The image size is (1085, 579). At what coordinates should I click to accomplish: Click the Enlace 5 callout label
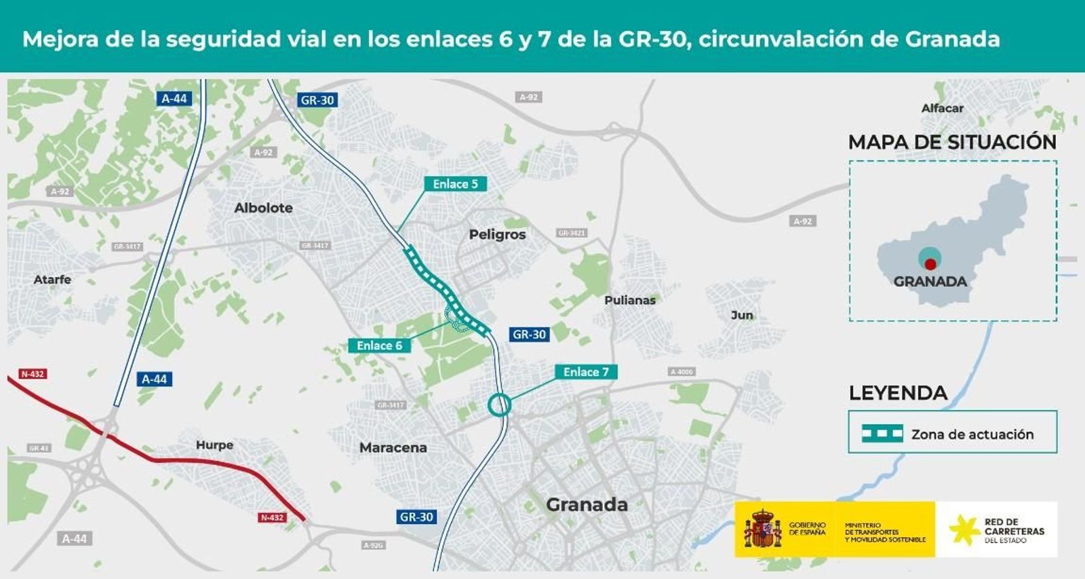point(455,184)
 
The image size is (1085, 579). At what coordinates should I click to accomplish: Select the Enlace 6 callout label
point(379,345)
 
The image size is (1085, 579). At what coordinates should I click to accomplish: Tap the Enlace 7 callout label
point(586,372)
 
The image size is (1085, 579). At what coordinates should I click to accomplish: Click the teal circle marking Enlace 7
point(499,405)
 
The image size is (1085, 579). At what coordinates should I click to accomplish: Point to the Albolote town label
point(263,208)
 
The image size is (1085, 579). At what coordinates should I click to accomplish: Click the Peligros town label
point(497,234)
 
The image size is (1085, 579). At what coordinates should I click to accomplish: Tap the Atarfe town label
point(52,279)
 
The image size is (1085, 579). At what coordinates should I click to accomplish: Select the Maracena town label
point(393,447)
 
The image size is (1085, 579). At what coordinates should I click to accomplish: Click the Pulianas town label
point(630,300)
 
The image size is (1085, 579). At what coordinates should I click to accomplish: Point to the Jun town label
point(742,315)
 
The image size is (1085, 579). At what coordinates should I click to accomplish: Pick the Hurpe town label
point(214,445)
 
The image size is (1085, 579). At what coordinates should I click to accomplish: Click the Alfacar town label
point(942,108)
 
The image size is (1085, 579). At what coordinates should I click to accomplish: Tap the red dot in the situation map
point(930,264)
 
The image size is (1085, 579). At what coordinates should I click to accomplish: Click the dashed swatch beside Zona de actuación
point(882,434)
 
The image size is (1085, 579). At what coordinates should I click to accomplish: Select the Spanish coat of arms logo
point(763,529)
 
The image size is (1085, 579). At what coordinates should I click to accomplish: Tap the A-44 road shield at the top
point(174,98)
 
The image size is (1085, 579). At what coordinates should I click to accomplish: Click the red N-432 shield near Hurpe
point(272,517)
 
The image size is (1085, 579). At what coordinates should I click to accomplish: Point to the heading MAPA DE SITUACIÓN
point(952,142)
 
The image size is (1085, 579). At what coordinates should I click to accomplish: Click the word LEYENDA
point(898,393)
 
